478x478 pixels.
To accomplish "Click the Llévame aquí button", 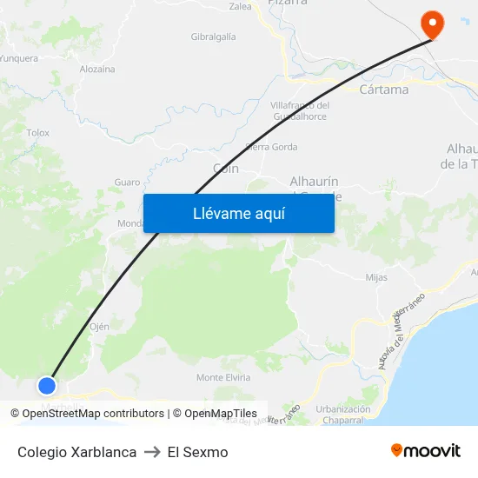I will click(x=238, y=213).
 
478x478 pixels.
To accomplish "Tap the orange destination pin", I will click(x=431, y=23).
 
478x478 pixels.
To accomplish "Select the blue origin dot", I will click(x=47, y=385).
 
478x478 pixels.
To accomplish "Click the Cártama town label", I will click(x=384, y=90).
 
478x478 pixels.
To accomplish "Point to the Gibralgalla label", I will click(x=213, y=37).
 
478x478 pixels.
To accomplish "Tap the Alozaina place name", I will click(x=97, y=69).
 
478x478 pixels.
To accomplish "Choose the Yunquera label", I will click(x=19, y=58).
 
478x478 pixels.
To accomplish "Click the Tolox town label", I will click(x=38, y=133).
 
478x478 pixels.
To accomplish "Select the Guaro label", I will click(x=127, y=183).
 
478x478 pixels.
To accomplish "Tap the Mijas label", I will click(x=376, y=278).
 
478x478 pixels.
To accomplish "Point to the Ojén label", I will click(x=99, y=327).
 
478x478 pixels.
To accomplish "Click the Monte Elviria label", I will click(x=223, y=377).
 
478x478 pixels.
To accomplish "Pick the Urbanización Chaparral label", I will click(x=343, y=414).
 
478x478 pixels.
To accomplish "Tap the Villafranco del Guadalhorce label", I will click(x=300, y=110).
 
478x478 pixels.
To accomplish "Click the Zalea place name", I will click(x=240, y=7).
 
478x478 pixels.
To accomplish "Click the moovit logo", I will click(x=425, y=450).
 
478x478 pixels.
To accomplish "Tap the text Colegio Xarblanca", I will click(x=76, y=452).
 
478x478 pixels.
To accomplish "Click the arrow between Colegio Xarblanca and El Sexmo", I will click(x=152, y=452).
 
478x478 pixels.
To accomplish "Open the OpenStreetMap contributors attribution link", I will click(x=93, y=414).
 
